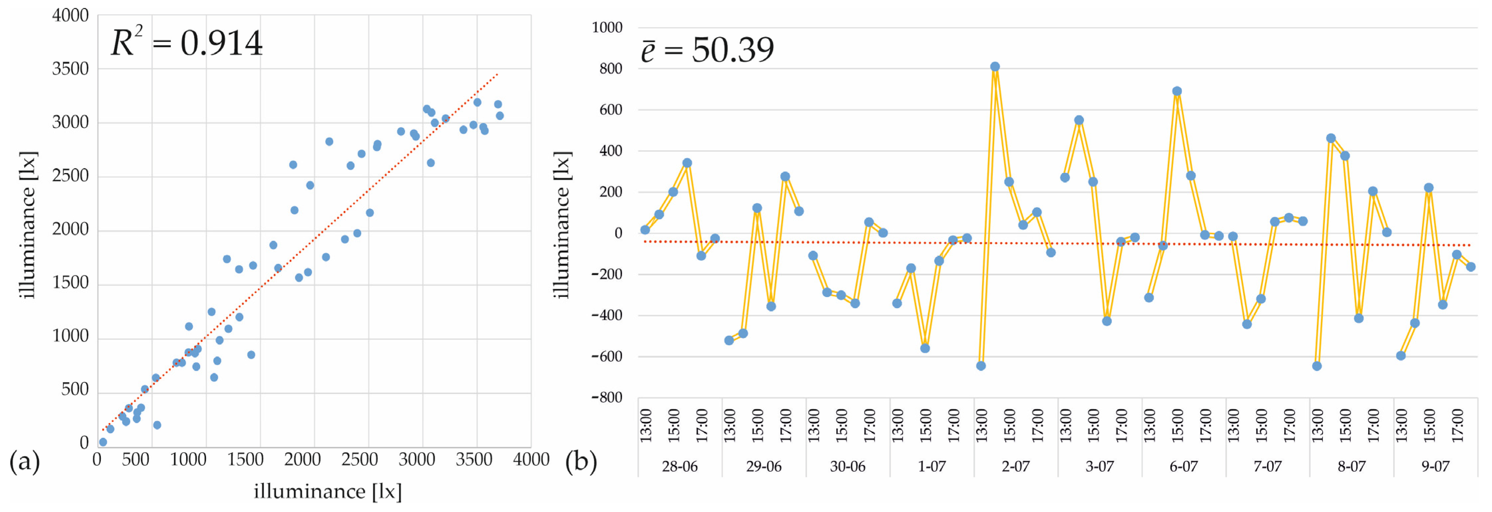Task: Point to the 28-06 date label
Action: coord(679,466)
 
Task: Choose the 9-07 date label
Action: coord(1435,466)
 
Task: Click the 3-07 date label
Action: coord(1099,466)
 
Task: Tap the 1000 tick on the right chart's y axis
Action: coord(607,27)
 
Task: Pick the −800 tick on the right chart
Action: coord(607,397)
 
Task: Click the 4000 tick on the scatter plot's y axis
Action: coord(70,16)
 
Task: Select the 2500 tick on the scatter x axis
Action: coord(359,460)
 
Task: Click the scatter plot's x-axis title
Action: coord(327,492)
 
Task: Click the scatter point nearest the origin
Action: coord(103,442)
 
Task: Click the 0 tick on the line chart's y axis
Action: coord(619,233)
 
